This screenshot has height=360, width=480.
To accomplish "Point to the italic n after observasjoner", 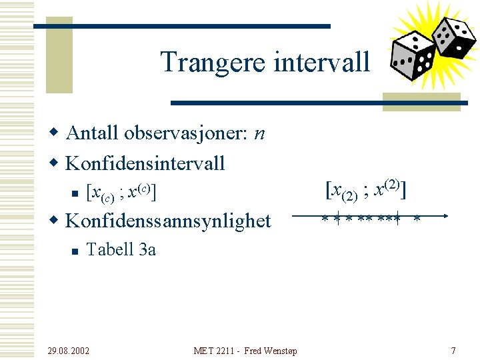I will (x=259, y=134).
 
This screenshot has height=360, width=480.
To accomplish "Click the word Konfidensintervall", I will (x=145, y=163).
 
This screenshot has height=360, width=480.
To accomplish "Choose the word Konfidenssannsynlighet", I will (x=168, y=221).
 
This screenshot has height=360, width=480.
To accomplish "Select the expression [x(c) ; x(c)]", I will (x=121, y=193).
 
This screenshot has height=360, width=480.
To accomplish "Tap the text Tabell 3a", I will (x=121, y=250).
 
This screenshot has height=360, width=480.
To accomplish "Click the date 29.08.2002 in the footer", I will (x=69, y=351).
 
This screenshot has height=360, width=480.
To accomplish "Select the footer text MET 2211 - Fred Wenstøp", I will (x=245, y=351).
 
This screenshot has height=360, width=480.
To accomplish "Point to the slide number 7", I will (x=453, y=351).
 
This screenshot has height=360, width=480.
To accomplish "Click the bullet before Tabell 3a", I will (x=75, y=251).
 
